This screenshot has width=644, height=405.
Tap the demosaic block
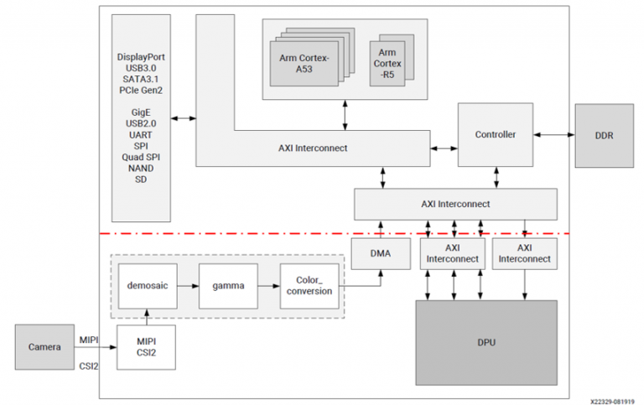coord(144,285)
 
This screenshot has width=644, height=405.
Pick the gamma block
coord(227,285)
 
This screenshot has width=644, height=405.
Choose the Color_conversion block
coord(307,285)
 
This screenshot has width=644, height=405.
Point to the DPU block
coord(486,343)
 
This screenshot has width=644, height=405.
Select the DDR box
coord(603,134)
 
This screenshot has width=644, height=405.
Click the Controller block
coord(495,134)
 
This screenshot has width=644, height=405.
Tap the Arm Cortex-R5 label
coord(387,57)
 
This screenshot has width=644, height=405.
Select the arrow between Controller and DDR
coord(553,134)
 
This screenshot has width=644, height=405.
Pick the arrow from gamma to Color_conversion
coord(267,285)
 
